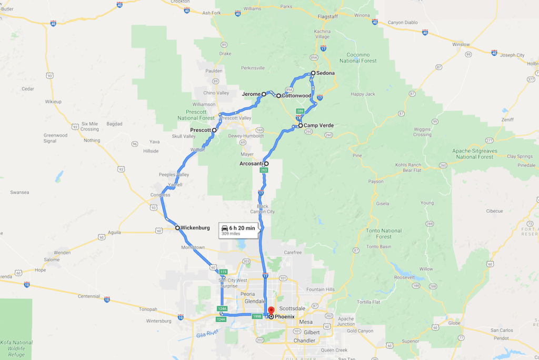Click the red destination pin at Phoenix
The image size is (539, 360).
(x=271, y=311)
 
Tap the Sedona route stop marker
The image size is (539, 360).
(x=313, y=73)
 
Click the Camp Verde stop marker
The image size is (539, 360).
(x=300, y=126)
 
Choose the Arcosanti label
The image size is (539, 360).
(x=251, y=164)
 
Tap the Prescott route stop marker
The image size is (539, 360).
(x=214, y=129)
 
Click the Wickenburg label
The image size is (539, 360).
(x=195, y=228)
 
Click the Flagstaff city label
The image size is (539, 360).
(x=327, y=16)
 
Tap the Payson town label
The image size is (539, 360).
(x=376, y=182)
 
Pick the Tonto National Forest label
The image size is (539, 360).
(x=384, y=234)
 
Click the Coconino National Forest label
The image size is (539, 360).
(x=362, y=57)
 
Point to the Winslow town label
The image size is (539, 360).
(x=461, y=44)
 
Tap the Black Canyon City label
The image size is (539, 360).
(x=263, y=209)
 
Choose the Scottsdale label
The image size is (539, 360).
(x=292, y=308)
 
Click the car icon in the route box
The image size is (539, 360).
(x=225, y=228)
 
